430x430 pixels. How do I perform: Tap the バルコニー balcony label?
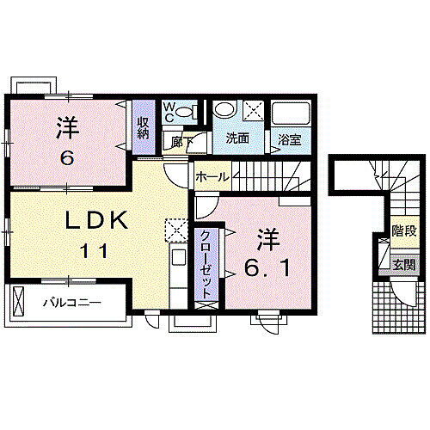[x=73, y=303]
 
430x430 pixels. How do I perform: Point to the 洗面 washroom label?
[x=238, y=138]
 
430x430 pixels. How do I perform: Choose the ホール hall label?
[x=212, y=176]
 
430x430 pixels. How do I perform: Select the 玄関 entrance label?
[x=402, y=263]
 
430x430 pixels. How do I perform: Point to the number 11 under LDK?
[x=95, y=252]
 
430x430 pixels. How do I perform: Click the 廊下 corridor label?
[x=179, y=139]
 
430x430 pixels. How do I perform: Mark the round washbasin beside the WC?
[x=222, y=110]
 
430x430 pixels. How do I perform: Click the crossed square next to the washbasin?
[x=254, y=110]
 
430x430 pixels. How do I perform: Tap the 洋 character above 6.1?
[x=266, y=236]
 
